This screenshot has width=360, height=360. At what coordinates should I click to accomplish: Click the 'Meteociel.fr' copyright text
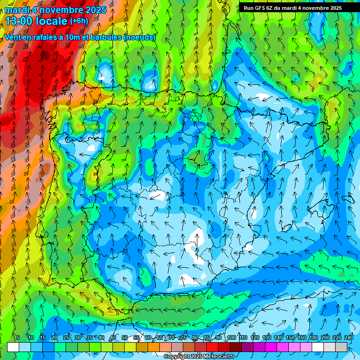[216, 357]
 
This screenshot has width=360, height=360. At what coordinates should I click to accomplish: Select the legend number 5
[18, 338]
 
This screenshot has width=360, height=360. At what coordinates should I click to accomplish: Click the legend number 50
[125, 338]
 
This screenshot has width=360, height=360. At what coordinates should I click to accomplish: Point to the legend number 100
[232, 338]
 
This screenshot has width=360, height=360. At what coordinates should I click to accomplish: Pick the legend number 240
[349, 338]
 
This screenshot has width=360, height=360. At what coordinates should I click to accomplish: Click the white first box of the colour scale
[13, 347]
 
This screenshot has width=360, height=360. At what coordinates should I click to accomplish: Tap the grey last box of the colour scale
[341, 347]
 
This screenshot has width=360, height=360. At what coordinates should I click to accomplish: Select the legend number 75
[183, 338]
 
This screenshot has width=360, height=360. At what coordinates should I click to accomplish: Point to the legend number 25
[66, 338]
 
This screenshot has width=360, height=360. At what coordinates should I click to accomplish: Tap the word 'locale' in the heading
[52, 21]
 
